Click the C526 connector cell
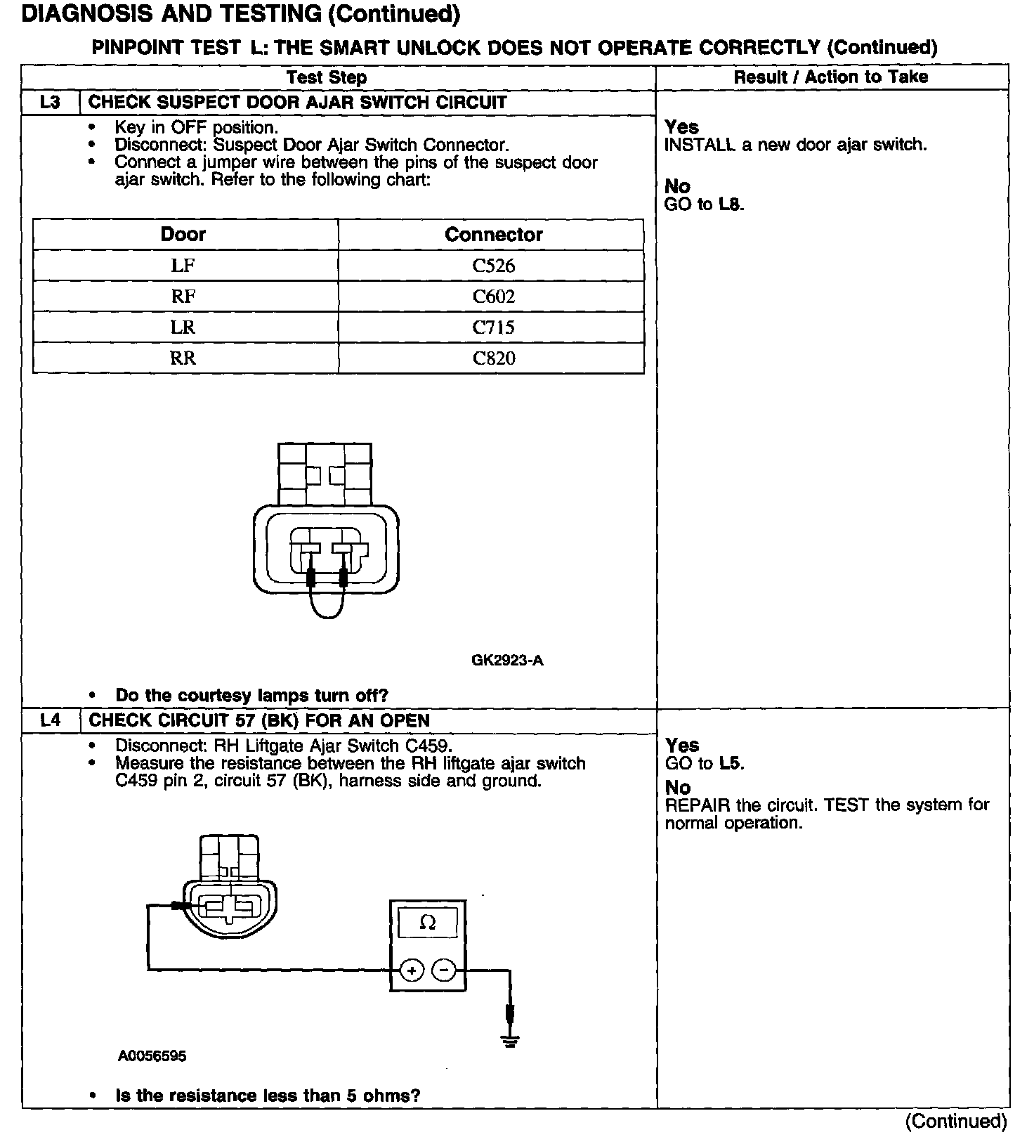493,266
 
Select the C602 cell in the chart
493,297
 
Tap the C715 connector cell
493,327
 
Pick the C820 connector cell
493,358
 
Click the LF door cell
183,266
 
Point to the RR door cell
183,358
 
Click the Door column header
183,234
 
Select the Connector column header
493,234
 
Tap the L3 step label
51,102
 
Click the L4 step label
51,720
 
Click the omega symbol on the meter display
427,923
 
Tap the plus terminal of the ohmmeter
412,971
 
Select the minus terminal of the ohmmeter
443,971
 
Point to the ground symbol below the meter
511,1040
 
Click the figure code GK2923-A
507,661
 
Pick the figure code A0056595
152,1056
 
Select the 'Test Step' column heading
327,77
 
